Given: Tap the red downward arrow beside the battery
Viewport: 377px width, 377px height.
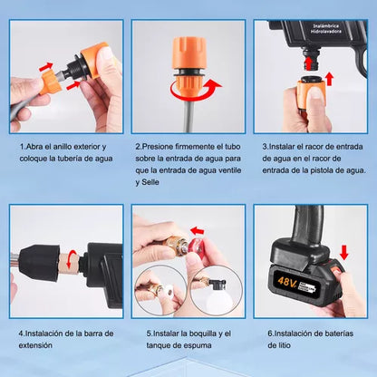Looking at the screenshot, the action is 343,253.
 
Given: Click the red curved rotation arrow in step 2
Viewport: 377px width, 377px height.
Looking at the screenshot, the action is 196,91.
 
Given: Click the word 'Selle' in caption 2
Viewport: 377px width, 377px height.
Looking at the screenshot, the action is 150,182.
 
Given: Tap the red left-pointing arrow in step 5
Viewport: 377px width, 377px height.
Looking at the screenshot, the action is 198,231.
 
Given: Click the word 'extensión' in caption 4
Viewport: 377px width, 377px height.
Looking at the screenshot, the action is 35,345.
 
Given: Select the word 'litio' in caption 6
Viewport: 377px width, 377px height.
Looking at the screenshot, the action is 284,345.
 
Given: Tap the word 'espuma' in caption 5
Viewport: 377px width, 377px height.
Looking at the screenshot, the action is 198,345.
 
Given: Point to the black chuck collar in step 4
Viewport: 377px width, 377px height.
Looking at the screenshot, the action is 39,262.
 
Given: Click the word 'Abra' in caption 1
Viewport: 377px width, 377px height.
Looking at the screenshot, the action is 34,147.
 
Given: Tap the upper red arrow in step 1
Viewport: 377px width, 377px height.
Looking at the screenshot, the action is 46,66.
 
